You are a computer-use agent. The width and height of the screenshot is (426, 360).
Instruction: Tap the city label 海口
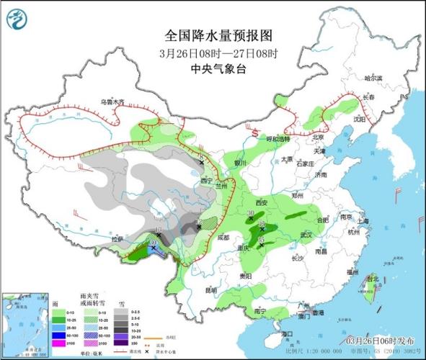coord(287,334)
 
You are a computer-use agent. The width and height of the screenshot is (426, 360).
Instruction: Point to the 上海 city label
coord(363,221)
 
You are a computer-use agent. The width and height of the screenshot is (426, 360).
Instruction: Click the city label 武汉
coord(304,235)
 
